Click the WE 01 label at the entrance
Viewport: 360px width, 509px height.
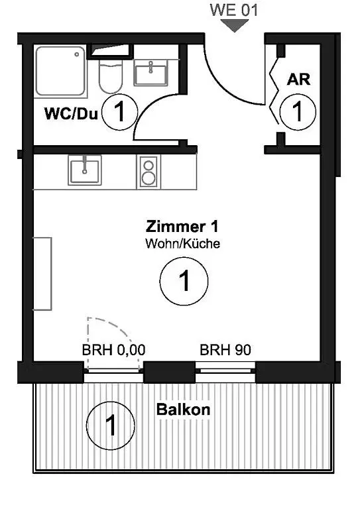pyautogui.click(x=234, y=10)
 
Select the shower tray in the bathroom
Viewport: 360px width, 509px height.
pyautogui.click(x=60, y=72)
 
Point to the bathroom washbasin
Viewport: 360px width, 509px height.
pyautogui.click(x=151, y=73)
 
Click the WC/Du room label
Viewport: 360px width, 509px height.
pyautogui.click(x=71, y=113)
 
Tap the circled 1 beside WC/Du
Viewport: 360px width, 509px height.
pyautogui.click(x=119, y=112)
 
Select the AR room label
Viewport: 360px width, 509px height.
pyautogui.click(x=298, y=80)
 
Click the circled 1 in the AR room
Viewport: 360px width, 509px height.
pyautogui.click(x=298, y=112)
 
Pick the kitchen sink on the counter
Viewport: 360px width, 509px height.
pyautogui.click(x=85, y=170)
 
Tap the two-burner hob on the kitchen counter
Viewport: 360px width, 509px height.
pyautogui.click(x=149, y=172)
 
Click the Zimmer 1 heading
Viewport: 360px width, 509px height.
pyautogui.click(x=182, y=227)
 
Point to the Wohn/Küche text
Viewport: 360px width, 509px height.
pyautogui.click(x=183, y=243)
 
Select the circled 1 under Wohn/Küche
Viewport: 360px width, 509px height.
pyautogui.click(x=184, y=281)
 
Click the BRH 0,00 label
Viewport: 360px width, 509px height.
pyautogui.click(x=113, y=350)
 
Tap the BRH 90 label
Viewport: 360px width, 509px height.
pyautogui.click(x=225, y=350)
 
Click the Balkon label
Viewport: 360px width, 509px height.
pyautogui.click(x=184, y=410)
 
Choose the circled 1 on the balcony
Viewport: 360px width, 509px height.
pyautogui.click(x=110, y=425)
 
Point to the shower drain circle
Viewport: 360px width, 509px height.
pyautogui.click(x=78, y=54)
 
